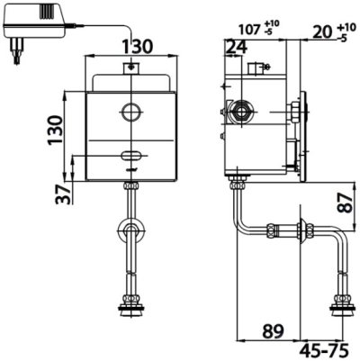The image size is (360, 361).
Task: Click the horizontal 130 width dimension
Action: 138,47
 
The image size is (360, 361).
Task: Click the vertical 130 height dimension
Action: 56,130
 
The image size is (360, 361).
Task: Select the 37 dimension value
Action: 64,194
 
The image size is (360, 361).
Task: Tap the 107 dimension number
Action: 249,30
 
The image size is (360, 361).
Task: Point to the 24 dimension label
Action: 236,48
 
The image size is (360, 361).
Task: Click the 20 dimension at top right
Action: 323,32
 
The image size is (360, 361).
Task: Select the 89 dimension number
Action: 273,331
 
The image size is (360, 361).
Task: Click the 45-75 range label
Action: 325,350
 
